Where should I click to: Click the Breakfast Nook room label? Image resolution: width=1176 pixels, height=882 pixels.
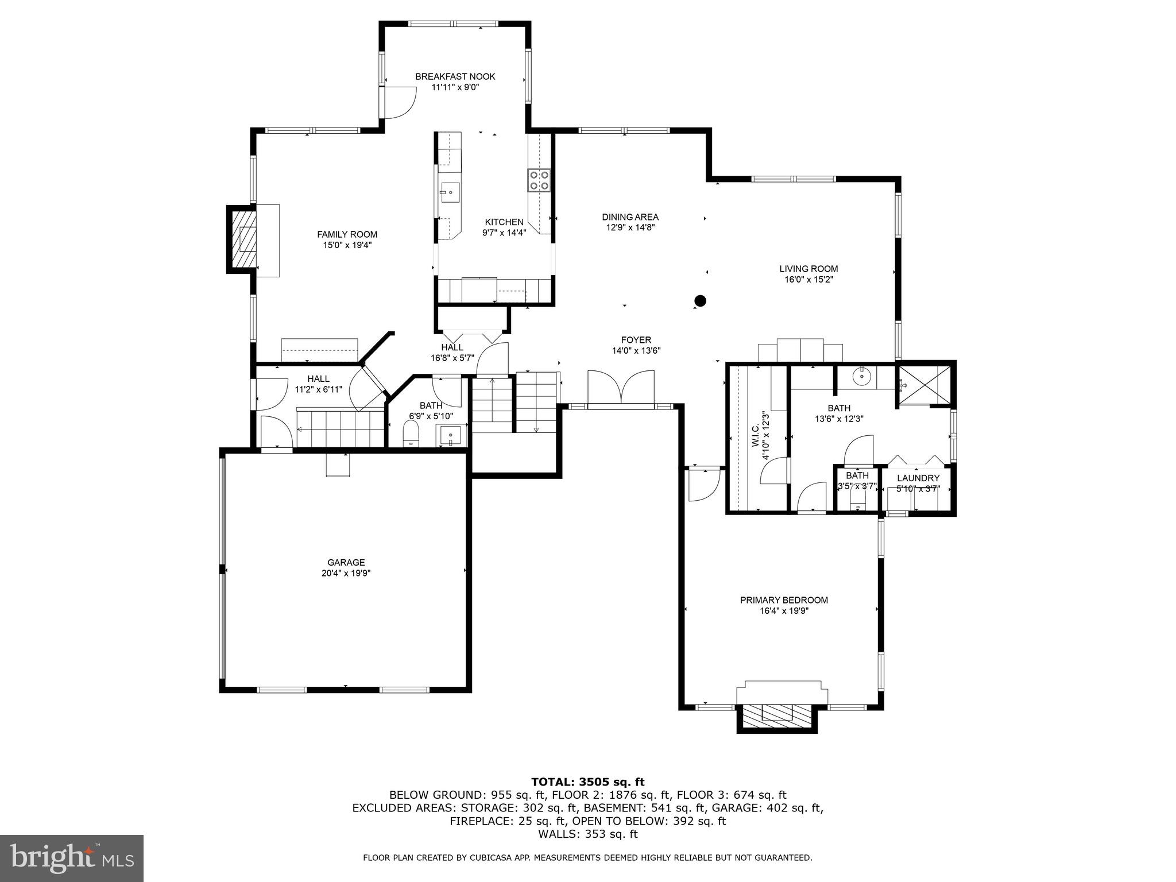point(455,76)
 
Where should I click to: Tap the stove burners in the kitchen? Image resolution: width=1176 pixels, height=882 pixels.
point(539,180)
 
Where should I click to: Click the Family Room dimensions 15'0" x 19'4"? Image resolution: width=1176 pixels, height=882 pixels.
point(347,245)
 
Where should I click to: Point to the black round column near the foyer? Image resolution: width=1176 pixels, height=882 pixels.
point(700,300)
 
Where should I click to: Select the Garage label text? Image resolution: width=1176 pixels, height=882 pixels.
point(346,563)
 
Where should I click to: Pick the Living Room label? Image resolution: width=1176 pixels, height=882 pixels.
point(808,269)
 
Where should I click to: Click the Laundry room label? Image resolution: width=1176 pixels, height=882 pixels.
point(918,478)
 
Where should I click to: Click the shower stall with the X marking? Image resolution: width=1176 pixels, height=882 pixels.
point(924,384)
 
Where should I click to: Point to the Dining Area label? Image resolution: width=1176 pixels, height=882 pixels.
point(630,217)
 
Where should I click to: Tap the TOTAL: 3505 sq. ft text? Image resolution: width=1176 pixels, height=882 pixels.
point(587,782)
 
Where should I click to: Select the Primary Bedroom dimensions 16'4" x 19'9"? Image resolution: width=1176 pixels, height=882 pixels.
point(784,611)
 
